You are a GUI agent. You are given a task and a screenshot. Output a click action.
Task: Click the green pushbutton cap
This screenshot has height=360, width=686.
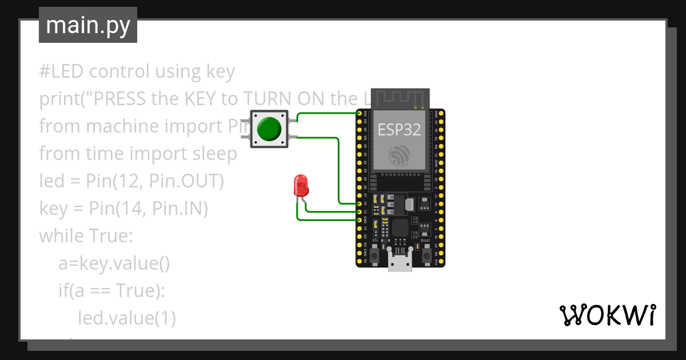click(269, 129)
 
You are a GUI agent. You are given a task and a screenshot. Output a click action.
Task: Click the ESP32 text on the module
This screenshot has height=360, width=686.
click(399, 130)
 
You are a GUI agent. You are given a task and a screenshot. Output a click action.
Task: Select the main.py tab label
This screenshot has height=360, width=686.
click(88, 25)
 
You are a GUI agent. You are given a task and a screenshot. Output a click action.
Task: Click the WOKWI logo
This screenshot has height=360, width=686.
click(607, 315)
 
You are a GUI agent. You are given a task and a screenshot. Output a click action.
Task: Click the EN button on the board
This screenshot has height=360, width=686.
click(374, 255)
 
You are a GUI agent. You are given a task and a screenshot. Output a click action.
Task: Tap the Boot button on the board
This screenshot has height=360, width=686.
click(426, 255)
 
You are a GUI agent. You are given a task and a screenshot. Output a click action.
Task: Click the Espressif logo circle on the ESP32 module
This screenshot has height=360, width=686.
click(399, 155)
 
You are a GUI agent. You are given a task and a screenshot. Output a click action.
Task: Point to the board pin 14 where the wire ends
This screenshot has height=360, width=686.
click(360, 203)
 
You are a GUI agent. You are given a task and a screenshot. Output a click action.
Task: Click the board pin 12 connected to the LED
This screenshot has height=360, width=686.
click(360, 211)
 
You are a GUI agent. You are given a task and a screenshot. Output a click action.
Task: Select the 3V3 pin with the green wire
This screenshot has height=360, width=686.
click(360, 114)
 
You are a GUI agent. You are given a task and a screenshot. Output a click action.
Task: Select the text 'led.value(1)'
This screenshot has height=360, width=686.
click(126, 318)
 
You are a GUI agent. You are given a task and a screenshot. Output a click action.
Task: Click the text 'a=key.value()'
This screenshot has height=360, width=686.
click(114, 263)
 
